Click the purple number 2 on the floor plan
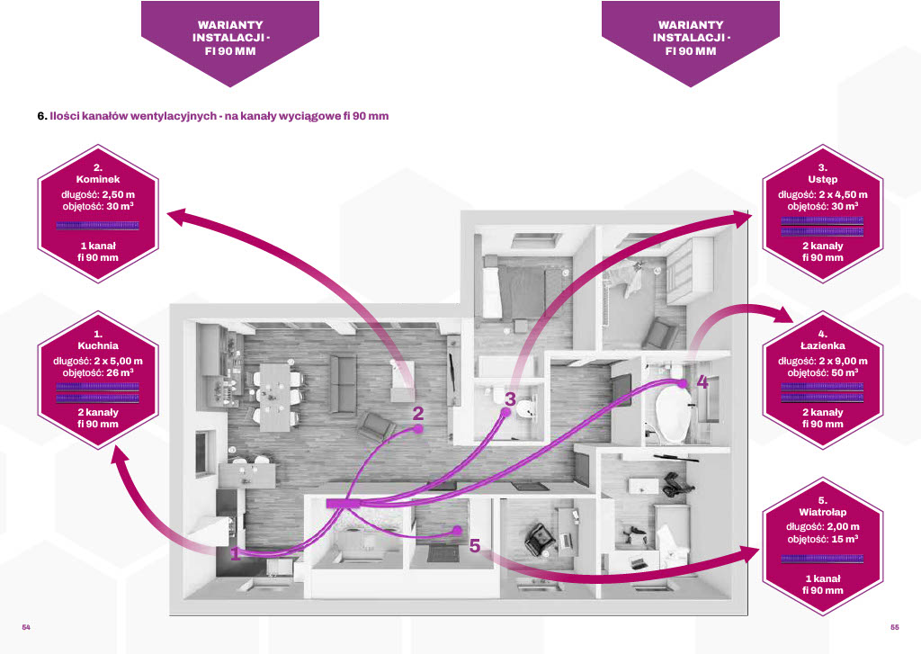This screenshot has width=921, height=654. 417,413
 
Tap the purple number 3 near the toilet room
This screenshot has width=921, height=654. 510,399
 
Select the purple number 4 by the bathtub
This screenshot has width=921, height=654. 702,382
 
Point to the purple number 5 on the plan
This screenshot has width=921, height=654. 475,546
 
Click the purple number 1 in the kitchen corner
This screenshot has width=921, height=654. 235,553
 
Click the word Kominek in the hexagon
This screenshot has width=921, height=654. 98,179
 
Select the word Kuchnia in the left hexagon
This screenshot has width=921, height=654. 98,345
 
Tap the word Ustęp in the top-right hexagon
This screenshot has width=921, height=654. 822,179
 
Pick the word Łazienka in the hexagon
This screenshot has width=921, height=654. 822,345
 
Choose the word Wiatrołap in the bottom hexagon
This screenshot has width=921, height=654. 822,512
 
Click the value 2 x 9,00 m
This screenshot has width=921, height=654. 843,361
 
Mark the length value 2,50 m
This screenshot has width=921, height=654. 119,194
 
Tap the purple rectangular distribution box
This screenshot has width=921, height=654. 343,503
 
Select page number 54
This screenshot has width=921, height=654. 26,627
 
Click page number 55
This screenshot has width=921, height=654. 895,627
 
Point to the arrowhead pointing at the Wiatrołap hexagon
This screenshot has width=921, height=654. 751,553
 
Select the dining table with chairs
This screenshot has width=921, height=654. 275,397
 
